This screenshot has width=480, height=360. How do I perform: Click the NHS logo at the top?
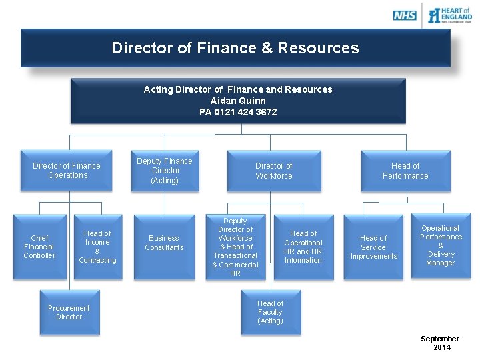pyautogui.click(x=405, y=15)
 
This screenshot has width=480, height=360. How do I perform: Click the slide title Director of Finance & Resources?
pyautogui.click(x=235, y=48)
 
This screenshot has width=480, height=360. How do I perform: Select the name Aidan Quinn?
pyautogui.click(x=238, y=101)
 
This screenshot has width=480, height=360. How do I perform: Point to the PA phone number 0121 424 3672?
pyautogui.click(x=238, y=112)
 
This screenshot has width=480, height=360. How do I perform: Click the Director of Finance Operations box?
pyautogui.click(x=67, y=171)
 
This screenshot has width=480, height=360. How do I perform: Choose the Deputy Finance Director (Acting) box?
pyautogui.click(x=165, y=171)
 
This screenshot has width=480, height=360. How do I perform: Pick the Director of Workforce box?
pyautogui.click(x=274, y=171)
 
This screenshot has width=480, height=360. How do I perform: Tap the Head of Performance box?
pyautogui.click(x=405, y=171)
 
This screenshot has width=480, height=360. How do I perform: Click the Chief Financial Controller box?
pyautogui.click(x=39, y=247)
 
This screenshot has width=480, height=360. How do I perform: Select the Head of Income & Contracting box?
pyautogui.click(x=97, y=247)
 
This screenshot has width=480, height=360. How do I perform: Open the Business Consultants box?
pyautogui.click(x=164, y=243)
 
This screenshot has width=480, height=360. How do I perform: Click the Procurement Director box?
pyautogui.click(x=69, y=312)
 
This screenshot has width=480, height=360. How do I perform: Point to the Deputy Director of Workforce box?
pyautogui.click(x=235, y=247)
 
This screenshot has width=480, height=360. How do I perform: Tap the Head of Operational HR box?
pyautogui.click(x=303, y=247)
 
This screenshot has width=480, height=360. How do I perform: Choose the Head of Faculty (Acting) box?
pyautogui.click(x=270, y=312)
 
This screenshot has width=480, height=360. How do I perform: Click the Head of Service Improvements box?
pyautogui.click(x=373, y=247)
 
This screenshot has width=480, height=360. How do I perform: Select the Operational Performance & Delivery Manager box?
pyautogui.click(x=441, y=245)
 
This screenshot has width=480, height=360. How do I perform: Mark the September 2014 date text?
pyautogui.click(x=441, y=343)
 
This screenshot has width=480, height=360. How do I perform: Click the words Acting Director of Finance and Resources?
pyautogui.click(x=238, y=89)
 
